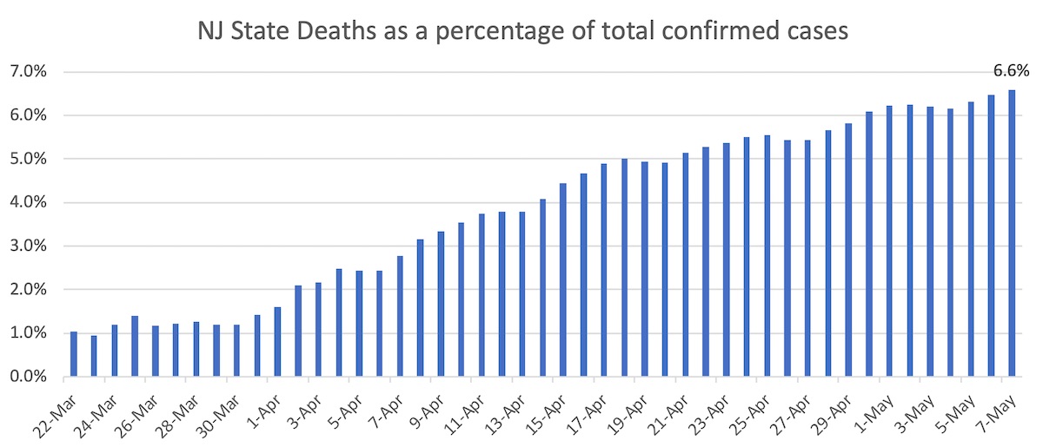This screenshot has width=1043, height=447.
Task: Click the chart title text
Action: [522, 33]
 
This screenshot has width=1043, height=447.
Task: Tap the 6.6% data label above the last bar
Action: [1010, 73]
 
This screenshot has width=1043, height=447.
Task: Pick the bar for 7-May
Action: [1011, 233]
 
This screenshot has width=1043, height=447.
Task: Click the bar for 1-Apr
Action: [277, 342]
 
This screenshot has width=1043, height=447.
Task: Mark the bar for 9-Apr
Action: [441, 304]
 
